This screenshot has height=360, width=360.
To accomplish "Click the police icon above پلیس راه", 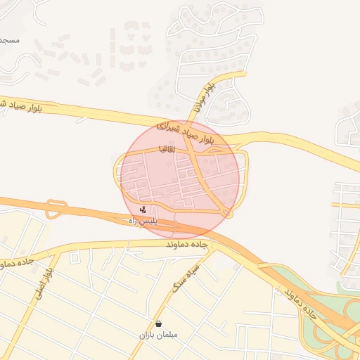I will [143, 210].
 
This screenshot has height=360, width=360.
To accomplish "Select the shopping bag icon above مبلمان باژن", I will [159, 324].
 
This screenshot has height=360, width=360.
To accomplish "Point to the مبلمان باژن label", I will [159, 335].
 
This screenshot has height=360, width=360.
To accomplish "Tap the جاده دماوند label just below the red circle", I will [188, 244].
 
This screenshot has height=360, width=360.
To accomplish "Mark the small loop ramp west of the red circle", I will [56, 209].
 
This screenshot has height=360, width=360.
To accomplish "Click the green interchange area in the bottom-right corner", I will [330, 330].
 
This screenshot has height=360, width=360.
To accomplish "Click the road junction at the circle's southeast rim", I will [226, 212].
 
